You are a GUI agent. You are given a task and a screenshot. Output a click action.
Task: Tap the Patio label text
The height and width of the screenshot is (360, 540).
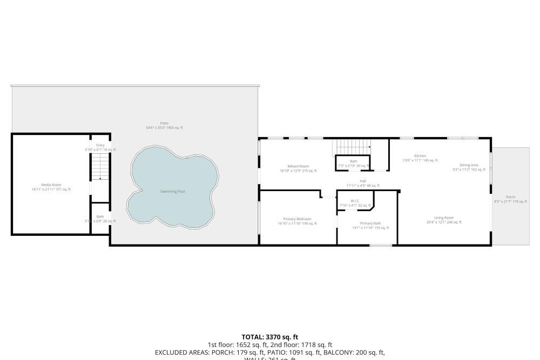[164, 124]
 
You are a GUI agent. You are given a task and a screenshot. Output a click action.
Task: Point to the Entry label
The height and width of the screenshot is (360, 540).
[100, 145]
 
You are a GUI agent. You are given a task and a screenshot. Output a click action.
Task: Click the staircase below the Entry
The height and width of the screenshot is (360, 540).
[99, 167]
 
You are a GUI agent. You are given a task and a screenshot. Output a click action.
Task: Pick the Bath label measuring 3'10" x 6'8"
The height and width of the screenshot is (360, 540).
[100, 216]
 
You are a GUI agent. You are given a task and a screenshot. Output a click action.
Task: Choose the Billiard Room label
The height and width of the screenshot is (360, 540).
[298, 166]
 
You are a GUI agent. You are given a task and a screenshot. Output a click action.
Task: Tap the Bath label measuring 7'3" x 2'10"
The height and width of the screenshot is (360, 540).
[353, 161]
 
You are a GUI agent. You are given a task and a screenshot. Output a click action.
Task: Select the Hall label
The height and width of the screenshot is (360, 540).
[363, 181]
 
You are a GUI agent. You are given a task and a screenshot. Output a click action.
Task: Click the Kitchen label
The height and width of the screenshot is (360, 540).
[420, 156]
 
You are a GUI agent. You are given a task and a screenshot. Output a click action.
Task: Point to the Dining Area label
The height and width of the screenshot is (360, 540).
[469, 165]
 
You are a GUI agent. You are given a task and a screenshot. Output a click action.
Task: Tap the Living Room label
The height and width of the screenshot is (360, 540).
[444, 218]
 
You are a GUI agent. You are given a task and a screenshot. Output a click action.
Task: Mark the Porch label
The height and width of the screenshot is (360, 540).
[510, 197]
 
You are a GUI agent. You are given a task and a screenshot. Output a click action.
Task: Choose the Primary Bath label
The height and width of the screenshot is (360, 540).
[370, 223]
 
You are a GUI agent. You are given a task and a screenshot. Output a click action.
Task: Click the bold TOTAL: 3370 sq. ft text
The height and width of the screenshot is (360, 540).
[269, 337]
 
